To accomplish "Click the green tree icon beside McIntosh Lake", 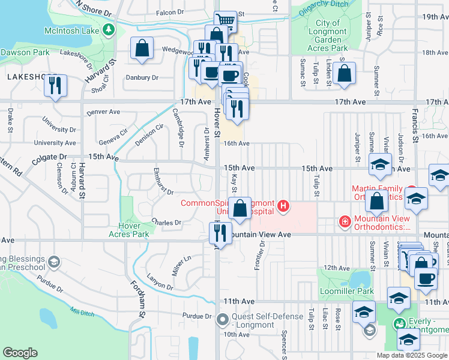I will click(x=109, y=29).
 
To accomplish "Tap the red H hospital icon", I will click(x=283, y=208).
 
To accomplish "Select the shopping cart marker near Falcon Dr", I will click(x=225, y=22).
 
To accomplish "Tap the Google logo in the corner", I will click(x=20, y=352).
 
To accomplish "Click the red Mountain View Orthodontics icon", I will click(x=345, y=222).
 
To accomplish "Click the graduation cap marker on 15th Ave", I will click(x=379, y=164).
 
